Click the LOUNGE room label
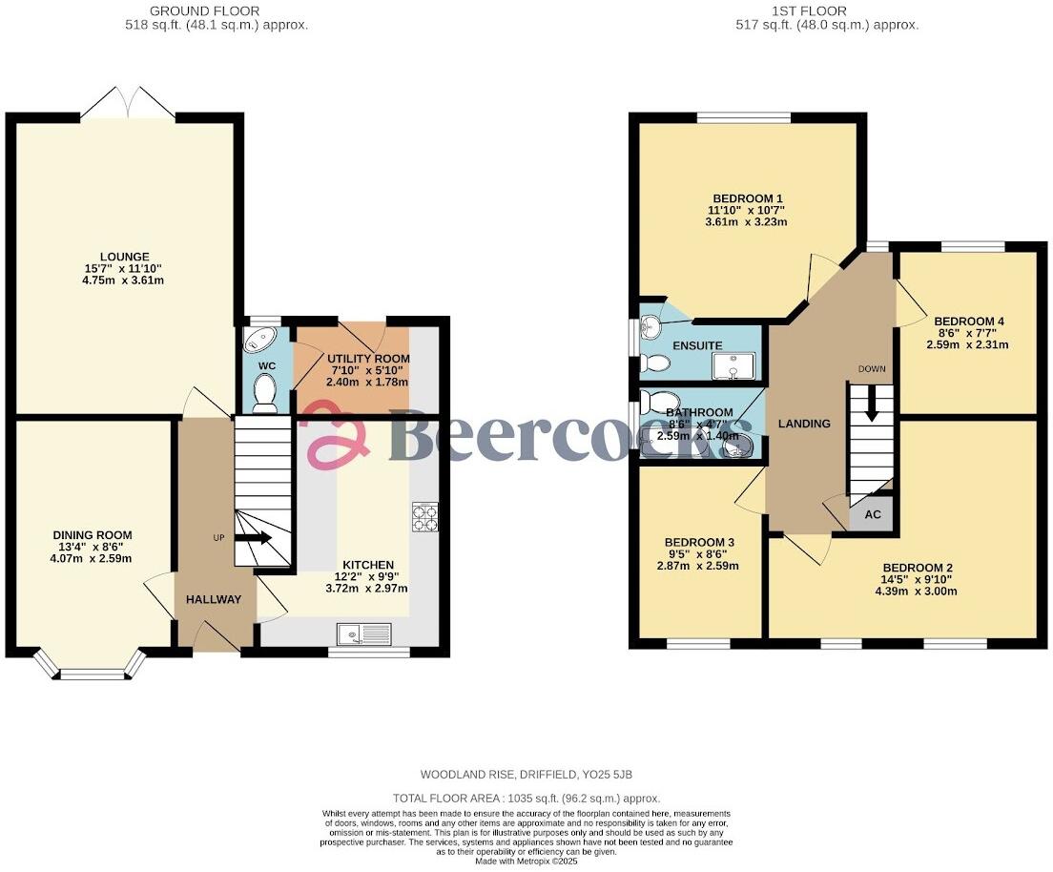[x=122, y=257]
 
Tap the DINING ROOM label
[x=93, y=535]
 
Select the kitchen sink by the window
[x=363, y=633]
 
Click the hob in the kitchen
[x=424, y=516]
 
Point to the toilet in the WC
[x=264, y=392]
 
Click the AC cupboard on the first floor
[x=872, y=514]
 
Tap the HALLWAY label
[x=208, y=599]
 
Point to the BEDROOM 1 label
[x=746, y=197]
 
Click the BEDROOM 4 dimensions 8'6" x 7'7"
[x=968, y=333]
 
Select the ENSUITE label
[x=697, y=345]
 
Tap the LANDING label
[x=803, y=424]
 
